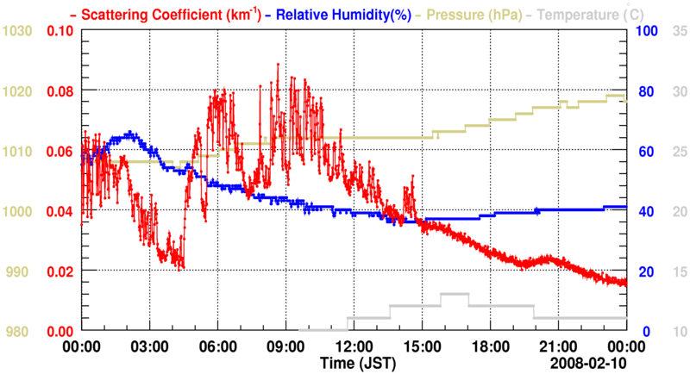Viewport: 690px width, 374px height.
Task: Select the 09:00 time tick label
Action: (x=285, y=346)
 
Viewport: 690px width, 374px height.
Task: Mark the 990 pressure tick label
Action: (x=19, y=271)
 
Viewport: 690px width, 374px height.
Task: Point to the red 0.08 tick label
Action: (x=60, y=91)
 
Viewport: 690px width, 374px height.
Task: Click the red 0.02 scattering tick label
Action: (x=60, y=271)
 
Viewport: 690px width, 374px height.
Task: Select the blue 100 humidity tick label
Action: (x=648, y=31)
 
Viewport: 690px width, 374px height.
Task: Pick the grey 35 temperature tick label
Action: (x=678, y=31)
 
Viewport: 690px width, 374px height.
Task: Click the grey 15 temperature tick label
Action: (x=678, y=271)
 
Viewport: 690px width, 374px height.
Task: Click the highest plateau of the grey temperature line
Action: (x=454, y=294)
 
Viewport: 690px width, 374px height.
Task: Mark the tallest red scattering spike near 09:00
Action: (x=278, y=65)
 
